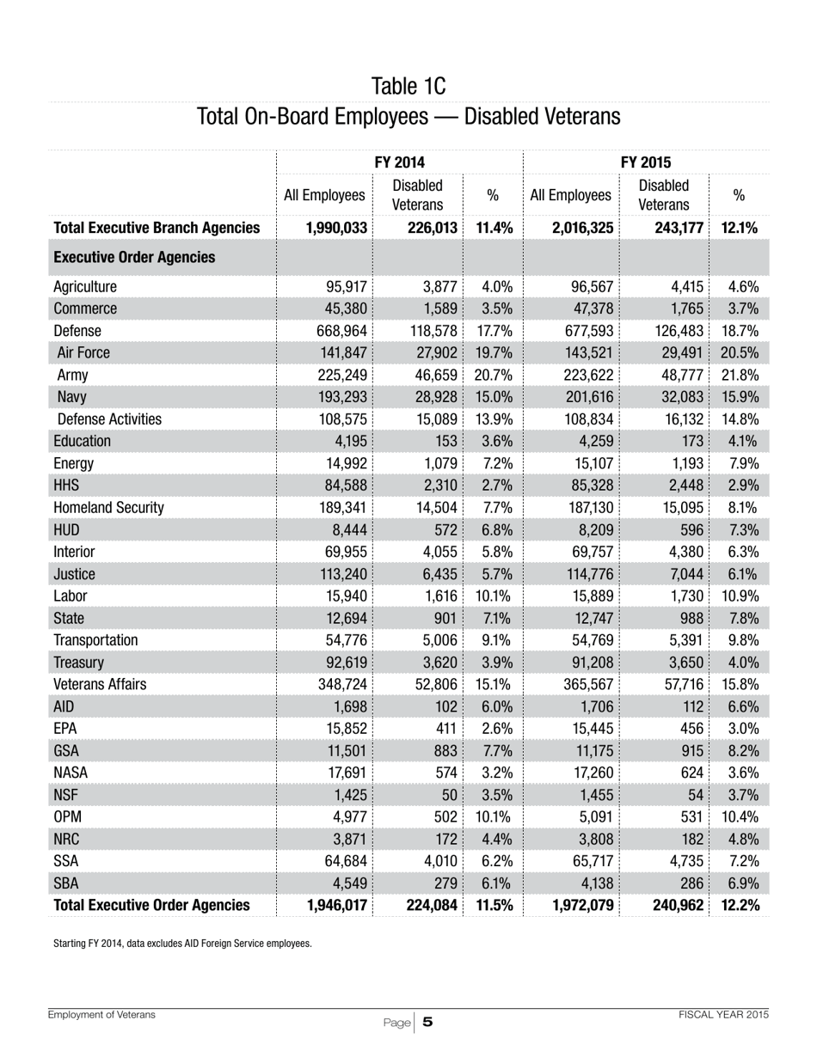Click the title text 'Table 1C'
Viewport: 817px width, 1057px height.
(x=408, y=86)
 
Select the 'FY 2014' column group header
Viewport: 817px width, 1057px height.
(x=400, y=162)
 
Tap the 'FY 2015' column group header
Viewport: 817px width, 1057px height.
(x=646, y=162)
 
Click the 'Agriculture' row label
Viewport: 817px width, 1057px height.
(x=85, y=287)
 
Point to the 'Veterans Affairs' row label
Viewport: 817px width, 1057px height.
(x=100, y=684)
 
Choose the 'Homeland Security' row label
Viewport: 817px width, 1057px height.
(x=108, y=507)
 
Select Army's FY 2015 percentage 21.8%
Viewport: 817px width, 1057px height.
(x=743, y=375)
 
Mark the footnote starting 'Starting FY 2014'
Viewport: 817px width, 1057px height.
(x=182, y=943)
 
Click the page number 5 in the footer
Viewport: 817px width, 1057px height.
(x=427, y=1022)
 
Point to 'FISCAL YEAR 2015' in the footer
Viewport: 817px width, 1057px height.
(x=723, y=1015)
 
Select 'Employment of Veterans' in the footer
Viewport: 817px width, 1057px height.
(x=101, y=1015)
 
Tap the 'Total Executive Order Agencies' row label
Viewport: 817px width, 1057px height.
(x=151, y=904)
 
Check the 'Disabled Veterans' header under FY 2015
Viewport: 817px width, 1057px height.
(x=663, y=195)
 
